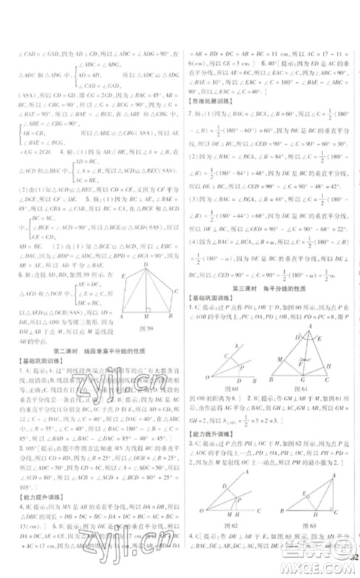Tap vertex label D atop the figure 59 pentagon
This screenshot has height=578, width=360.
[146, 264]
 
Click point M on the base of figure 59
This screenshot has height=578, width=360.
[147, 318]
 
